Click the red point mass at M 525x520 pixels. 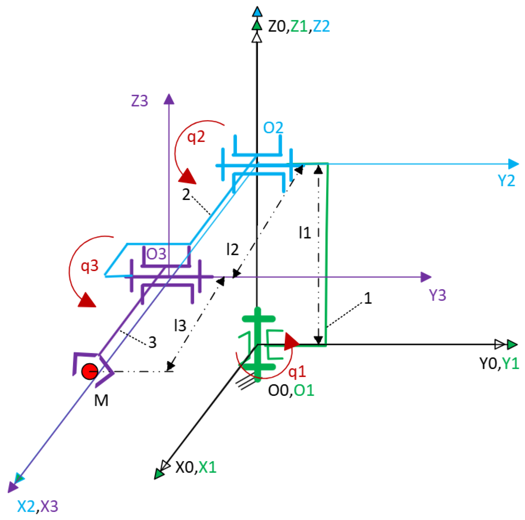pyautogui.click(x=90, y=371)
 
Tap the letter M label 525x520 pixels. pyautogui.click(x=101, y=400)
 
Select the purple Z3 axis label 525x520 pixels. pyautogui.click(x=139, y=101)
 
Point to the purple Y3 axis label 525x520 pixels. pyautogui.click(x=437, y=295)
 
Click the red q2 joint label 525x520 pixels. pyautogui.click(x=196, y=137)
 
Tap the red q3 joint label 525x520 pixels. pyautogui.click(x=89, y=266)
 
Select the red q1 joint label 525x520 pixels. pyautogui.click(x=297, y=371)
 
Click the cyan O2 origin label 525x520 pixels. pyautogui.click(x=273, y=127)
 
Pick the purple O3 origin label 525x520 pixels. pyautogui.click(x=156, y=254)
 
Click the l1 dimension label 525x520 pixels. pyautogui.click(x=305, y=233)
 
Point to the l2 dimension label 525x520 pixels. pyautogui.click(x=232, y=249)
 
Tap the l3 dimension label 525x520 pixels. pyautogui.click(x=180, y=326)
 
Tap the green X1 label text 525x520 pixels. pyautogui.click(x=207, y=467)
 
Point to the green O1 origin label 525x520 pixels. pyautogui.click(x=304, y=390)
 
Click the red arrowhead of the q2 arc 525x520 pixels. pyautogui.click(x=187, y=176)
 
